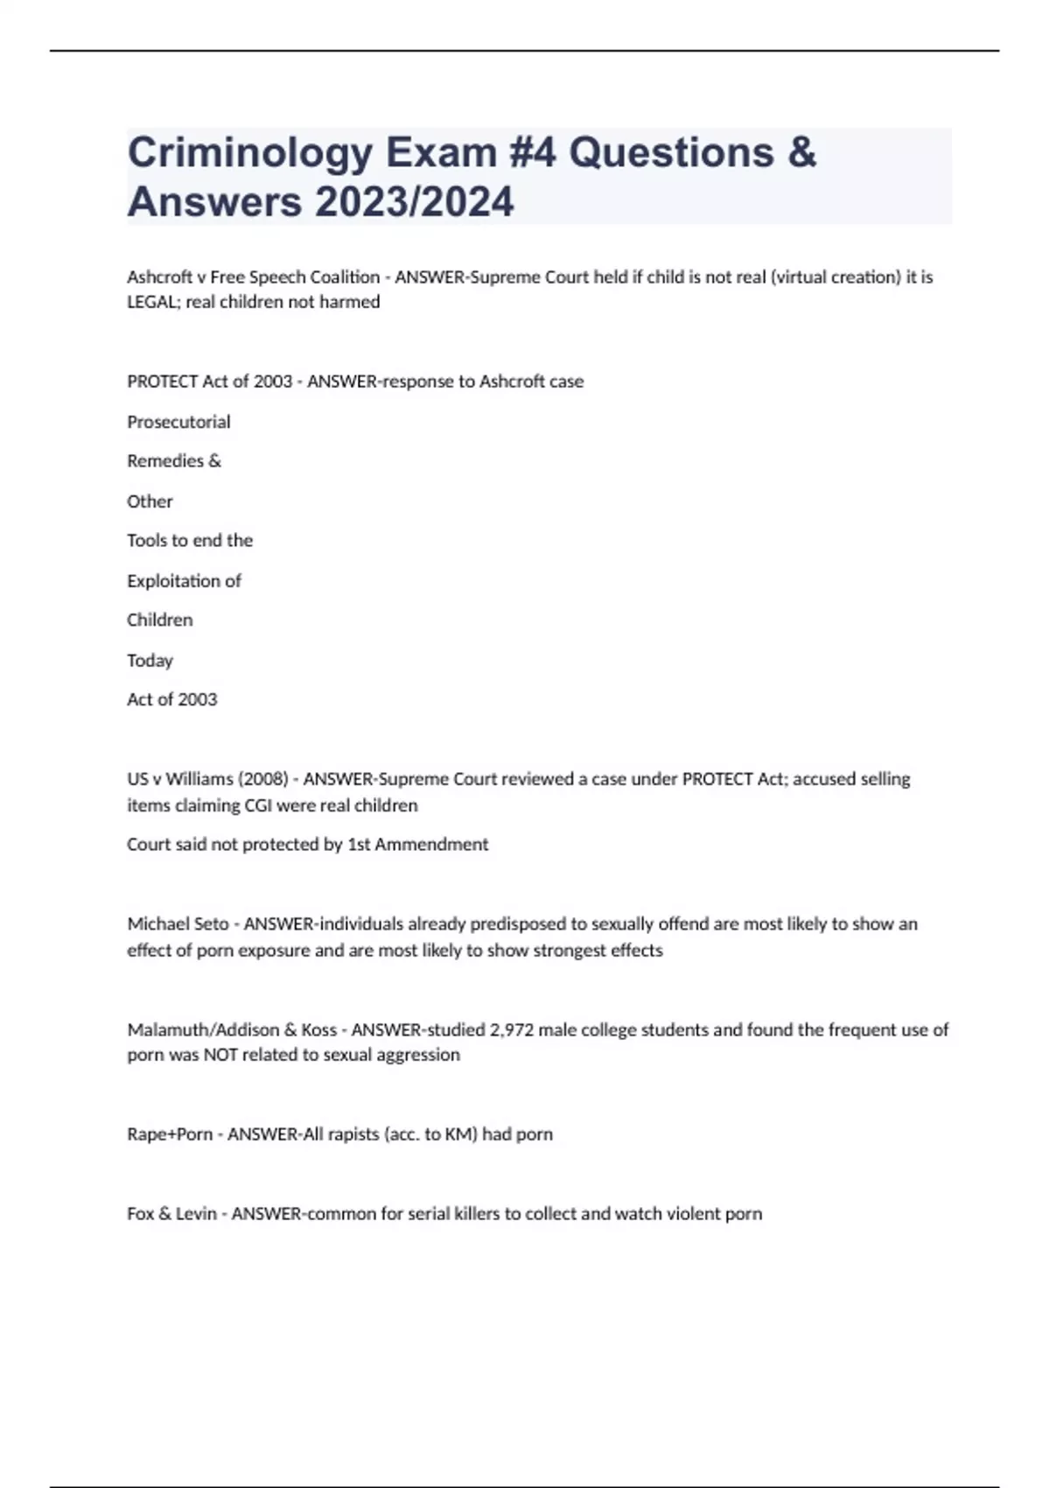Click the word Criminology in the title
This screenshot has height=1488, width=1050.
click(x=250, y=154)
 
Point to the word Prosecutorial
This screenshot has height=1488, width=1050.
click(x=178, y=422)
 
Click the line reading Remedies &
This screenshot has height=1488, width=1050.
click(x=174, y=461)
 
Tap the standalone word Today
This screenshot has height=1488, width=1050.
click(x=150, y=660)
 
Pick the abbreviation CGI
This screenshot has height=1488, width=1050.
click(x=258, y=805)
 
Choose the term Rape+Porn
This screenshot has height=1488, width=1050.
click(x=170, y=1134)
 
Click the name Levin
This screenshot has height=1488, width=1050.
click(x=196, y=1214)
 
